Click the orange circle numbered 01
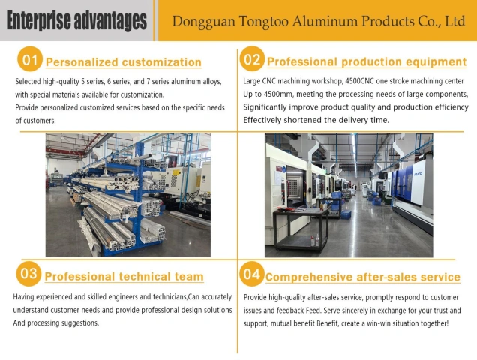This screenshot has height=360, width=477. [x=30, y=59]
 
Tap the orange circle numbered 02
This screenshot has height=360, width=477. [x=252, y=58]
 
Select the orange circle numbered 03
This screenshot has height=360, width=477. [x=28, y=273]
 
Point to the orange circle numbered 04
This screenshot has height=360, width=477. [x=252, y=274]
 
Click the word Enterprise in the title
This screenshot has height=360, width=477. [x=39, y=21]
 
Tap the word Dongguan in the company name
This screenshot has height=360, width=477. [x=204, y=22]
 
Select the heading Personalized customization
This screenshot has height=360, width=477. [x=124, y=62]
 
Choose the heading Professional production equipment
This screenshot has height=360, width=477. [x=367, y=61]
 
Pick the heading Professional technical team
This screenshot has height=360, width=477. [x=124, y=277]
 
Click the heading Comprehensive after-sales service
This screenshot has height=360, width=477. [x=362, y=277]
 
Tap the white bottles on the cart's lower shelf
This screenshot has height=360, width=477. [x=315, y=240]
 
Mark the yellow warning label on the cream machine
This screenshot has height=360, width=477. [x=176, y=172]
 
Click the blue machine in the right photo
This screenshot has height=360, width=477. [x=403, y=182]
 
